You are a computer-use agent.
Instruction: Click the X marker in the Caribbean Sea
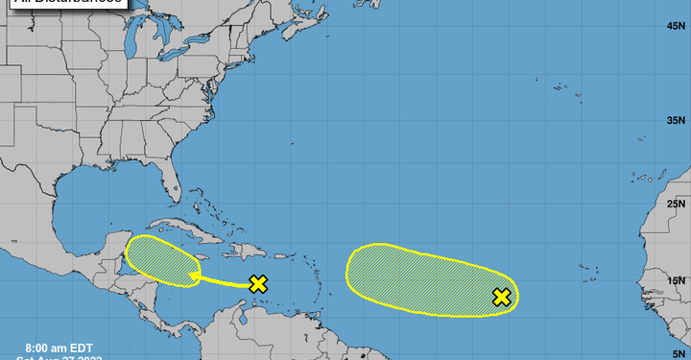click(257, 283)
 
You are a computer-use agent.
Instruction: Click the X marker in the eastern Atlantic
click(501, 297)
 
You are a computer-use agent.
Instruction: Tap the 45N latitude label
click(675, 25)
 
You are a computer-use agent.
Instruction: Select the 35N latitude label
click(675, 122)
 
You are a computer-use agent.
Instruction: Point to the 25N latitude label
click(675, 204)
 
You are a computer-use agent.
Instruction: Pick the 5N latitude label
click(677, 353)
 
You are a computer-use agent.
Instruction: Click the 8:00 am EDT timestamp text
click(57, 346)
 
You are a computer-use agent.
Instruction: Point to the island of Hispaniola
click(249, 252)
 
